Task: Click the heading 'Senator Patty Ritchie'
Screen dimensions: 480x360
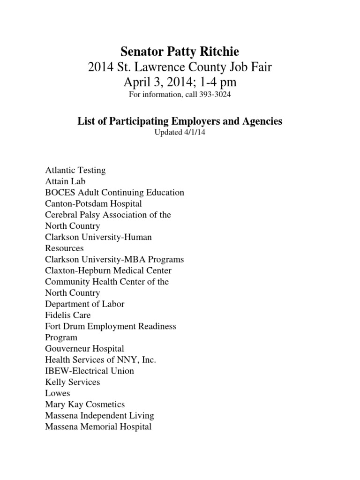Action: point(180,51)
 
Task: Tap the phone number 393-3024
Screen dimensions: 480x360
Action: point(215,95)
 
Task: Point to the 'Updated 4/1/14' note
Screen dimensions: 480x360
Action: point(180,133)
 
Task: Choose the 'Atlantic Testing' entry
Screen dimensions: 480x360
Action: point(75,170)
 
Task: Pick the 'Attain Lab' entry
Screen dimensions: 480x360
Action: point(65,181)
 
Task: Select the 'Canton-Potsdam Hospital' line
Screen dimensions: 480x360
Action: point(93,203)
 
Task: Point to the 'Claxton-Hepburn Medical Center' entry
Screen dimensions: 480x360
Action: point(108,270)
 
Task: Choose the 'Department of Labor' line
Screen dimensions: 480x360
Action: point(84,304)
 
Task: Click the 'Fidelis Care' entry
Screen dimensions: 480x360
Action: point(68,315)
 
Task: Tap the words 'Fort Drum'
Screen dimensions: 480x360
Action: point(64,326)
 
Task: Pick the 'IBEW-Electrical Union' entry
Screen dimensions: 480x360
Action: point(90,371)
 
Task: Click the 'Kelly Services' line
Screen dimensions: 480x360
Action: point(73,382)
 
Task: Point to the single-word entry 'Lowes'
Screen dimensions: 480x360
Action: point(58,393)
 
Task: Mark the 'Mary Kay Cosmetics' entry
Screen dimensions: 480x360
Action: point(85,404)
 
